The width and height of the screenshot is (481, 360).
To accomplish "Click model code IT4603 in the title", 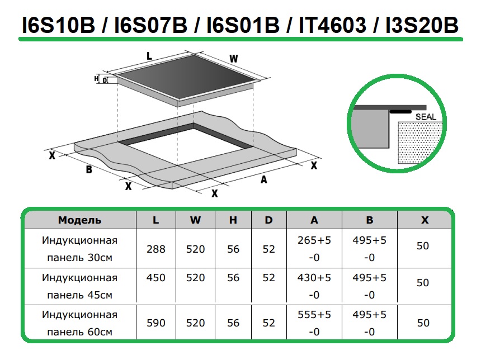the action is click(x=332, y=25).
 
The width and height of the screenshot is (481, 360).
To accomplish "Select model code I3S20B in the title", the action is click(x=422, y=25).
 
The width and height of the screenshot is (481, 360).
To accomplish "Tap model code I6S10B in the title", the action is click(x=59, y=25).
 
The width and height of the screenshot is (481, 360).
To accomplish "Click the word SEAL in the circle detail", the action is click(x=426, y=117).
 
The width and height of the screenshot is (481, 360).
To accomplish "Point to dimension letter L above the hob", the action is click(x=149, y=56).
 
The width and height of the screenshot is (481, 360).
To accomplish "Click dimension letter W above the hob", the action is click(x=234, y=59).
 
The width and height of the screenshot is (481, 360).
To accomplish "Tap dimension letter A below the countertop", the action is click(x=264, y=179).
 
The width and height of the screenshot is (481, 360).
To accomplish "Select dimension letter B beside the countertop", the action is click(x=89, y=169).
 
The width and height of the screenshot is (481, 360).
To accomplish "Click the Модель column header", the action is click(x=80, y=220).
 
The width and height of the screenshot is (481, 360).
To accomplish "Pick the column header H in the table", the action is click(x=233, y=220).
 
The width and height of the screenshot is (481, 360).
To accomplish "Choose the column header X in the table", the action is click(x=425, y=220).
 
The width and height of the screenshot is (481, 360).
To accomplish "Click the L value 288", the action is click(x=156, y=249).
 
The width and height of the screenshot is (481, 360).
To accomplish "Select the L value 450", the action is click(x=156, y=277).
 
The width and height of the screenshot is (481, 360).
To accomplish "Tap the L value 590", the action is click(x=156, y=323).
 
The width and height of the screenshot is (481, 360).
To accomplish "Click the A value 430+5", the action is click(x=314, y=277).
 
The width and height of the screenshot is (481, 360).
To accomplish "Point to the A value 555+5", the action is click(x=314, y=315).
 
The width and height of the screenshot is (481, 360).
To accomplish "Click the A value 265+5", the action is click(x=314, y=240).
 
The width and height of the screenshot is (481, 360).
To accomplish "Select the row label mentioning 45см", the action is click(x=80, y=286).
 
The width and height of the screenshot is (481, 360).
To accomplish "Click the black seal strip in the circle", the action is click(x=400, y=112).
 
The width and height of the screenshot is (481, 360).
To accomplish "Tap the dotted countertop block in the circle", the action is click(x=420, y=143).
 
